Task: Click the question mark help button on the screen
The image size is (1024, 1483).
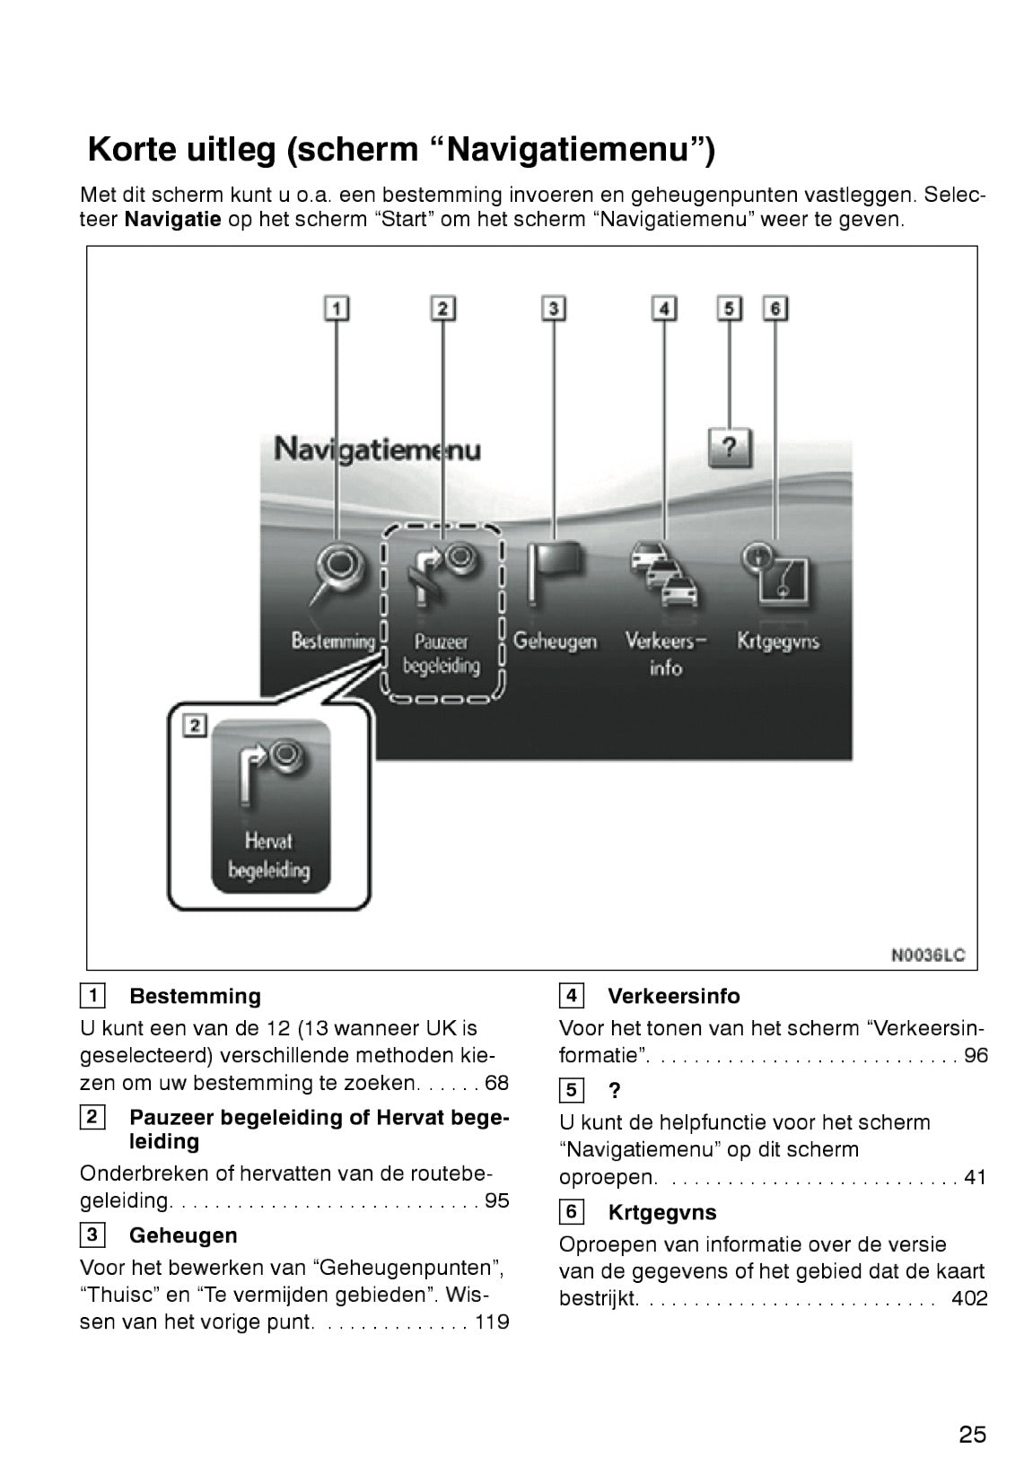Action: [x=729, y=447]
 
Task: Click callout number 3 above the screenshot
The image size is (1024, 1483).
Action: [x=554, y=309]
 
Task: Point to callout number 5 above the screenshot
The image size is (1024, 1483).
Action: [x=729, y=309]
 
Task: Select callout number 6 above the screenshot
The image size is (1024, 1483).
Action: [x=775, y=309]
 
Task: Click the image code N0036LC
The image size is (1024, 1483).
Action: [x=928, y=955]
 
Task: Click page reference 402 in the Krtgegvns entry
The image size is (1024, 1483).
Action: [x=969, y=1298]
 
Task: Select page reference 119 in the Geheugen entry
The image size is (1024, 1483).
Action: [x=491, y=1322]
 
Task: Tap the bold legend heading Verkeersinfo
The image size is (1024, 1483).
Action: [x=673, y=996]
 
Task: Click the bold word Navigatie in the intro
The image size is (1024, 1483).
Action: [x=172, y=220]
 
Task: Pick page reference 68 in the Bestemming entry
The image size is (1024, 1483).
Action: [x=496, y=1083]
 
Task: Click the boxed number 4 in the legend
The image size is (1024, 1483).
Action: [x=571, y=996]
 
